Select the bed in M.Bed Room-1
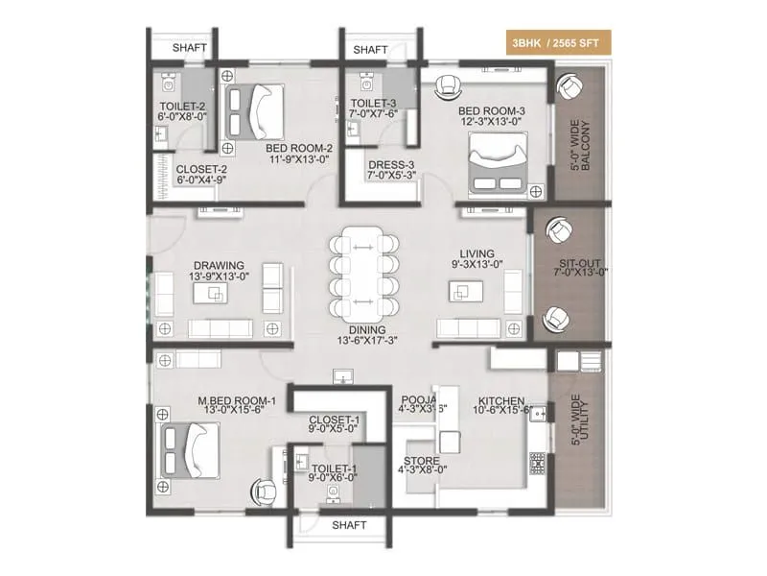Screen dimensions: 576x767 [191, 452]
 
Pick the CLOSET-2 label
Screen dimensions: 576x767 [199, 173]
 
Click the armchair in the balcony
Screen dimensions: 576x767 [569, 87]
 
